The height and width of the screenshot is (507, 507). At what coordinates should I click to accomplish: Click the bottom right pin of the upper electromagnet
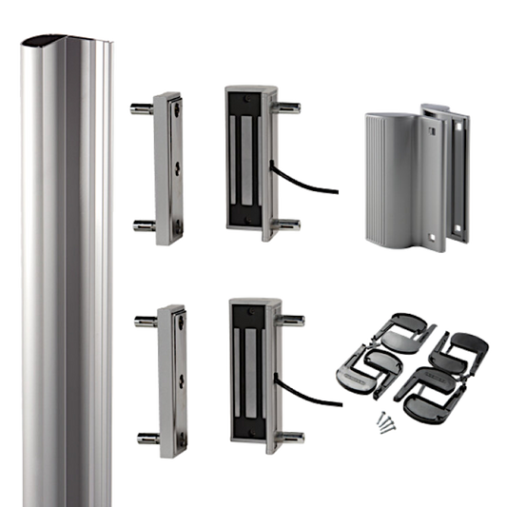290,224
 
